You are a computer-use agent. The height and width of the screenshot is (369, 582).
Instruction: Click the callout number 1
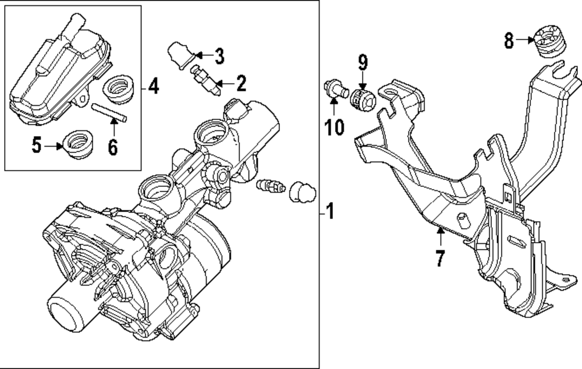pos(330,212)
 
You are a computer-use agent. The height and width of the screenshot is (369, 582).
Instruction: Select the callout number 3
pos(219,56)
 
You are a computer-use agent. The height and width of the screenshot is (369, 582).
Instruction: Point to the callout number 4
pos(152,87)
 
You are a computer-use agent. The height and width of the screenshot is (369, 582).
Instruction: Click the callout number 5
pos(37,146)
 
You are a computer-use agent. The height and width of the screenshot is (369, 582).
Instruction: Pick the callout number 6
pos(112,147)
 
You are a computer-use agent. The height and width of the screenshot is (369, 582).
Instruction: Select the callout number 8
pos(509,41)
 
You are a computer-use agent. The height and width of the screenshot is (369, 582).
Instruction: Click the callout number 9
pos(363,61)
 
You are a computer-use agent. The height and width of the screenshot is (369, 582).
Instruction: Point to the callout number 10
pos(335,126)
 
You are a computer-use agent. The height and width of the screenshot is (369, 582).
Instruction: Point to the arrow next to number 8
pos(526,40)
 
